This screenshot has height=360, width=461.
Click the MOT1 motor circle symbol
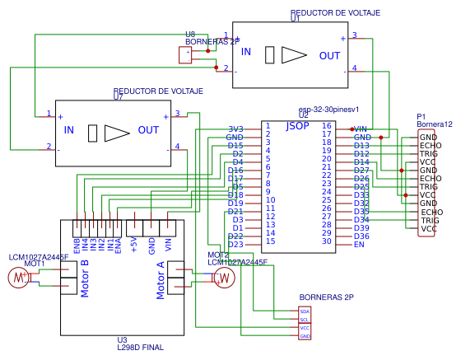point(18,278)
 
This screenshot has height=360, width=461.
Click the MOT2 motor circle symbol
point(223,278)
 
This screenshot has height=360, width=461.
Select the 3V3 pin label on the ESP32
point(235,129)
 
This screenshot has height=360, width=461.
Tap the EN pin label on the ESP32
point(359,245)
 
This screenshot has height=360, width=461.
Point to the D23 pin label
point(235,245)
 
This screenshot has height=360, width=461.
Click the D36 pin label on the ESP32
point(361,236)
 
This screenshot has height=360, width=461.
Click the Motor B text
point(84,280)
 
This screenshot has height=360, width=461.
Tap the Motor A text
point(161,280)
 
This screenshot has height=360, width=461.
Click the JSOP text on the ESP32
point(297,126)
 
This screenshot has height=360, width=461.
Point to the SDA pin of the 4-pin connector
point(305,311)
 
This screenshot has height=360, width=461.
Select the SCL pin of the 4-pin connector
point(305,320)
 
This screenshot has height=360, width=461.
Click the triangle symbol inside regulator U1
point(293,55)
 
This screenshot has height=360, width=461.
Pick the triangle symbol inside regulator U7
point(117,131)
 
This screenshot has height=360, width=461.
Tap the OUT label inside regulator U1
point(329,55)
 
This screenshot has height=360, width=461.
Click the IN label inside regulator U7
point(68,130)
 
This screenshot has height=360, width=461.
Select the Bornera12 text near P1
point(435,124)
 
